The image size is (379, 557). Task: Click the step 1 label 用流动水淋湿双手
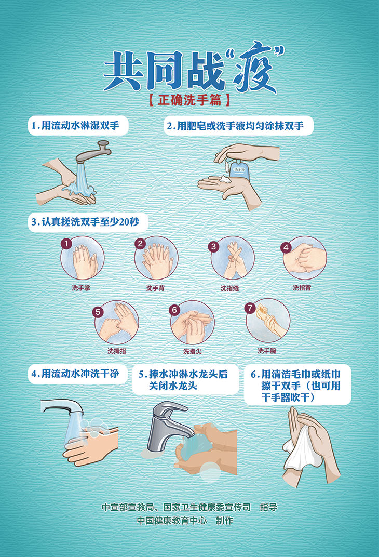click(78, 126)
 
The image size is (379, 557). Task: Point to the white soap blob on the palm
click(225, 179)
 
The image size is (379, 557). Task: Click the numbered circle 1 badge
click(66, 243)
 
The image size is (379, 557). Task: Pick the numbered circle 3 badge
click(213, 246)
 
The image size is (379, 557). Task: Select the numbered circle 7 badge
click(250, 308)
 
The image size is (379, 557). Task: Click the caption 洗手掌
click(82, 287)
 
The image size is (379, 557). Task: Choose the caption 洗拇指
click(116, 351)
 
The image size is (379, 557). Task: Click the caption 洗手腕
click(267, 351)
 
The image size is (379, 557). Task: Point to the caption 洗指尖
click(192, 351)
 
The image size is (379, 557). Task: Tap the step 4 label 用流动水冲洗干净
click(78, 374)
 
